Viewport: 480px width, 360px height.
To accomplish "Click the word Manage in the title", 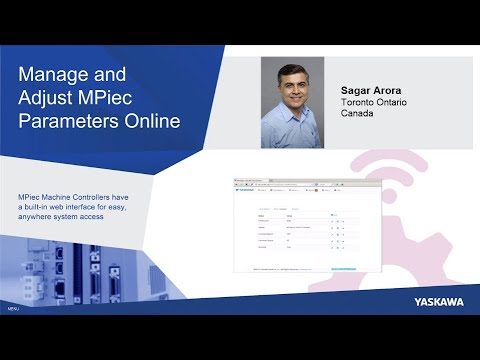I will [x=59, y=77].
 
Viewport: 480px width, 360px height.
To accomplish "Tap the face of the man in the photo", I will [x=295, y=90].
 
